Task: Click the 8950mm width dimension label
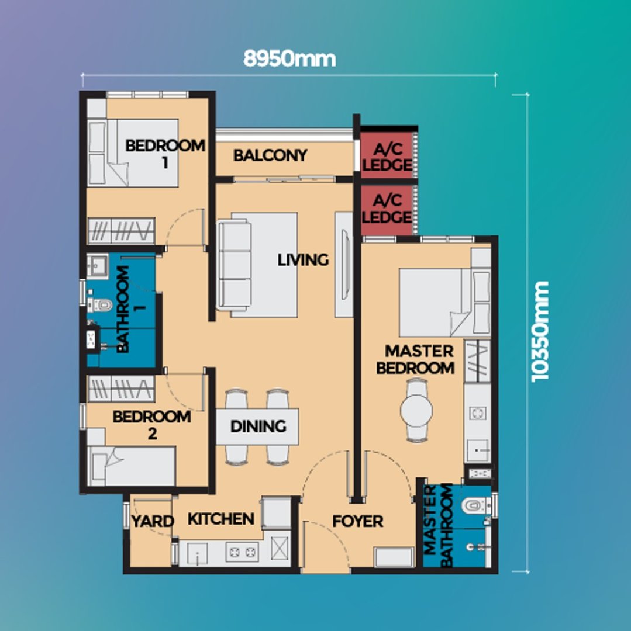click(289, 59)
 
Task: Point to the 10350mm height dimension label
click(540, 331)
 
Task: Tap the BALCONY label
click(270, 155)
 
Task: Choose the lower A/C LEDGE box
click(387, 209)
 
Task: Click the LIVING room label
click(303, 260)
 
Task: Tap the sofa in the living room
click(235, 266)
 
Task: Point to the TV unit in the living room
click(344, 265)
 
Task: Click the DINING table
click(257, 427)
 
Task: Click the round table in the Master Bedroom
click(416, 411)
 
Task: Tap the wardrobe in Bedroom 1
click(121, 231)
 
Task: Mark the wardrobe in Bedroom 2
click(121, 389)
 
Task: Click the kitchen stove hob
click(242, 552)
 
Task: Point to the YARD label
click(153, 522)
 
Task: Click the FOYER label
click(357, 522)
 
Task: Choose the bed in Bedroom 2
click(132, 466)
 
